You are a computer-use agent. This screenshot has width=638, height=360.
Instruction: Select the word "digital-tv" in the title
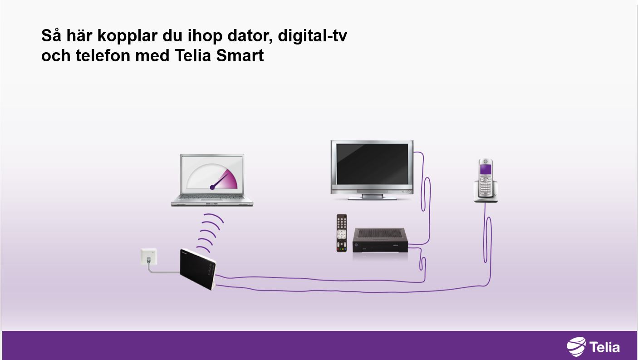tap(313, 35)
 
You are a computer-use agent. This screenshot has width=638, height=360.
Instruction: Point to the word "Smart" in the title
tap(240, 55)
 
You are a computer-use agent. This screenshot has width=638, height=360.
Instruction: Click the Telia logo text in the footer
tap(604, 347)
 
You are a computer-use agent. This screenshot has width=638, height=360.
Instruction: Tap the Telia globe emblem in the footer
tap(576, 346)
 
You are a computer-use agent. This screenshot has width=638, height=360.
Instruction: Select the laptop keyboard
tap(211, 197)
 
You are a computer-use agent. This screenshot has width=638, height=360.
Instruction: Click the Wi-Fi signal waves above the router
tap(211, 233)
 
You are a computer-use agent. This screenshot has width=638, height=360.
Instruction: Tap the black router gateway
tap(198, 269)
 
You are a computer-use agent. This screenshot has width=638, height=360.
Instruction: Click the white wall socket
tap(149, 256)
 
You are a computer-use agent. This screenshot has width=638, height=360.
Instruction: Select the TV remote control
tap(342, 233)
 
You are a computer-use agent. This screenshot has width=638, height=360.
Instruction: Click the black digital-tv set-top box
tap(380, 240)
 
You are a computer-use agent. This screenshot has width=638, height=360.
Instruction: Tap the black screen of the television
tap(372, 164)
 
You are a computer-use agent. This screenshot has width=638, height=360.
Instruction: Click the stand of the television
tap(372, 196)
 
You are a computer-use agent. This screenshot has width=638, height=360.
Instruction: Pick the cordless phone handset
tap(486, 178)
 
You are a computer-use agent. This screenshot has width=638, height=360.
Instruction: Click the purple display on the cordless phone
tap(486, 169)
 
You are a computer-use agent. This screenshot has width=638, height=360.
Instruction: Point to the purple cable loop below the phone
tap(488, 239)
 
